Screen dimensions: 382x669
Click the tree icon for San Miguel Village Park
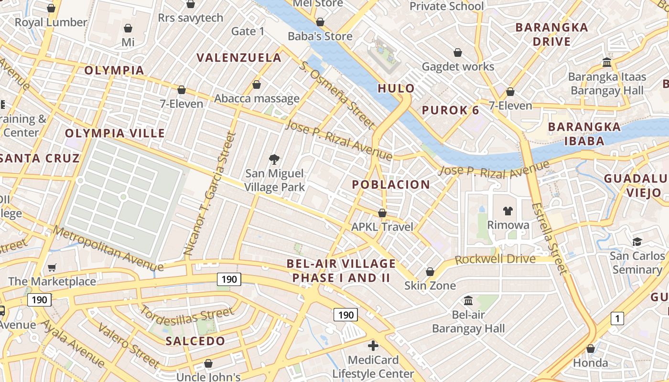pyautogui.click(x=274, y=159)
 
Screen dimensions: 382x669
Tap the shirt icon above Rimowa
pyautogui.click(x=507, y=211)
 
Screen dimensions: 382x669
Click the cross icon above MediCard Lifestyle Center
pyautogui.click(x=373, y=345)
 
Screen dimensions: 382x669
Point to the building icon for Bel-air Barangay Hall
pyautogui.click(x=468, y=301)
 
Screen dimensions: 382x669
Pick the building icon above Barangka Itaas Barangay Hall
pyautogui.click(x=607, y=62)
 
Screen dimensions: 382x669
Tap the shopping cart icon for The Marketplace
pyautogui.click(x=52, y=268)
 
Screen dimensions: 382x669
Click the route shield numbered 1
pyautogui.click(x=617, y=318)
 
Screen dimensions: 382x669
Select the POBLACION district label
pyautogui.click(x=391, y=185)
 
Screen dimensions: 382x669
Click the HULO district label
pyautogui.click(x=396, y=88)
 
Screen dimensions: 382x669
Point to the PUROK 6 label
pyautogui.click(x=450, y=110)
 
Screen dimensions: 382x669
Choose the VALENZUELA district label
pyautogui.click(x=239, y=58)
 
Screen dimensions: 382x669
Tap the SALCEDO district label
pyautogui.click(x=195, y=341)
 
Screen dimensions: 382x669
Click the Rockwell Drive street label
pyautogui.click(x=495, y=259)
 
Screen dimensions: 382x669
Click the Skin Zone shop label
pyautogui.click(x=430, y=286)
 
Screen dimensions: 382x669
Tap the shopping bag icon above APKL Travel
pyautogui.click(x=382, y=212)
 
